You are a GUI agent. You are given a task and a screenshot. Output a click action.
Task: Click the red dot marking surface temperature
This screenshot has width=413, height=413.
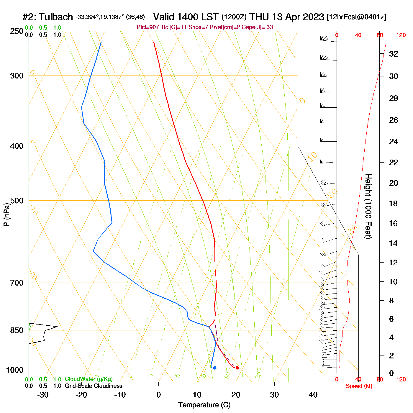pyautogui.click(x=237, y=368)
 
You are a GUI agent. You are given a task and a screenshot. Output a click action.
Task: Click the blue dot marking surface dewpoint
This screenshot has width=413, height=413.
pyautogui.click(x=215, y=368)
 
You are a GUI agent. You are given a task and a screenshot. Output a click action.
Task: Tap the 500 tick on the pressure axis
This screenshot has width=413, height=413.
pyautogui.click(x=17, y=201)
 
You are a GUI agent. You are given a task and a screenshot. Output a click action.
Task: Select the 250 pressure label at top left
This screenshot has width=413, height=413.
pyautogui.click(x=17, y=31)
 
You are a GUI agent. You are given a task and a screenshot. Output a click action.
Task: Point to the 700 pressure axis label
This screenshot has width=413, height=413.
pyautogui.click(x=17, y=283)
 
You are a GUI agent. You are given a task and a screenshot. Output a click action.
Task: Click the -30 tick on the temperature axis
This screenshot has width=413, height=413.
pyautogui.click(x=43, y=395)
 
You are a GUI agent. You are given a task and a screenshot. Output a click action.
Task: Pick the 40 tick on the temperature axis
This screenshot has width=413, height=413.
pyautogui.click(x=313, y=395)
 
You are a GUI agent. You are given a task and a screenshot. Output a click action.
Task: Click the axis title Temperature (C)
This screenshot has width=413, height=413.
pyautogui.click(x=204, y=405)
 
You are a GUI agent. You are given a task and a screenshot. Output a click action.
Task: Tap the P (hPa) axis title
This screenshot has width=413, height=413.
pyautogui.click(x=6, y=215)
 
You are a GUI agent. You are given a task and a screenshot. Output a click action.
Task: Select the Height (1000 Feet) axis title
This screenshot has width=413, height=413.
pyautogui.click(x=368, y=206)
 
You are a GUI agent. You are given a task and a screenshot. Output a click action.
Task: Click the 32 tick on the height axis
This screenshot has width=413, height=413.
pyautogui.click(x=394, y=54)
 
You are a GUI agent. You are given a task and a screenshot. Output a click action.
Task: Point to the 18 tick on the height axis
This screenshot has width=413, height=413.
pyautogui.click(x=394, y=203)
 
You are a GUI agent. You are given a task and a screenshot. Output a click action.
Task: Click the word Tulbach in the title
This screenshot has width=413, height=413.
pyautogui.click(x=56, y=17)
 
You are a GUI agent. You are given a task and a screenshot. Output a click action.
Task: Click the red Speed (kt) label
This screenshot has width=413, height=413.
pyautogui.click(x=359, y=386)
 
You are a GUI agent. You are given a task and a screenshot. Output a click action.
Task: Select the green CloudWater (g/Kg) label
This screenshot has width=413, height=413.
pyautogui.click(x=88, y=379)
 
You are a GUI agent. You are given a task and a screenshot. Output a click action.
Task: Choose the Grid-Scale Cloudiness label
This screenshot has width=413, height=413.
pyautogui.click(x=94, y=386)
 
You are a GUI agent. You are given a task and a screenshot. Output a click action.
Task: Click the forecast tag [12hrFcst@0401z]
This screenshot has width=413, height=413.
pyautogui.click(x=356, y=17)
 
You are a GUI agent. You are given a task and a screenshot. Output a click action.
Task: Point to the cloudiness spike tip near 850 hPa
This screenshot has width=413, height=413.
pyautogui.click(x=57, y=327)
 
